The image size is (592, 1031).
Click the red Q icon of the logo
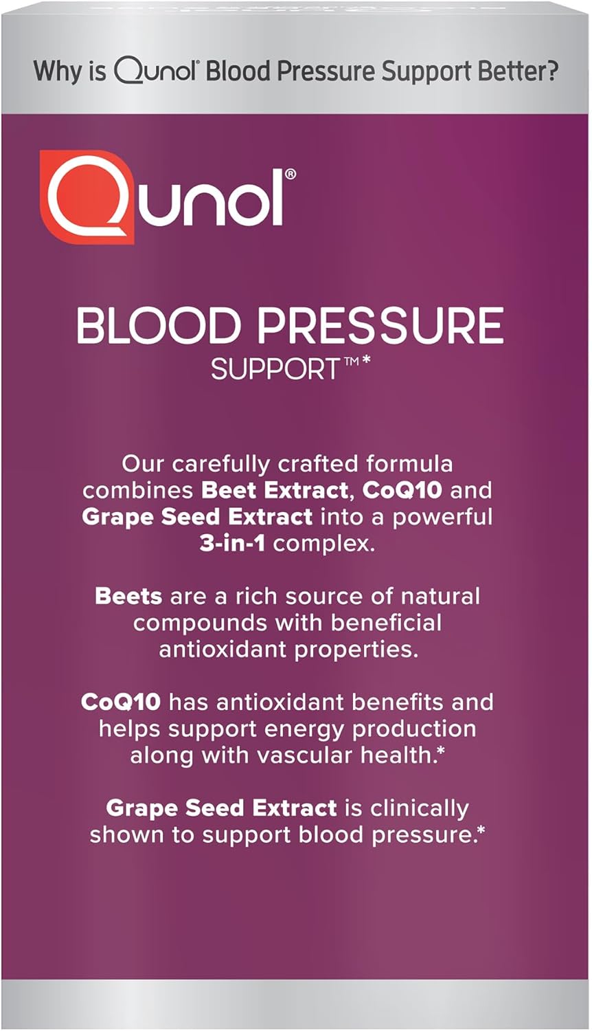point(85,197)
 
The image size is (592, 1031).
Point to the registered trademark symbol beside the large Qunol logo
point(291,175)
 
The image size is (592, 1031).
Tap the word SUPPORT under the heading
point(275,370)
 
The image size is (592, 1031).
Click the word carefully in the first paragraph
point(221,464)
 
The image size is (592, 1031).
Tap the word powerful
point(442,516)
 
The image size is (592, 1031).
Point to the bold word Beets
point(128,596)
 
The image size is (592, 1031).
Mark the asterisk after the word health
point(441,752)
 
